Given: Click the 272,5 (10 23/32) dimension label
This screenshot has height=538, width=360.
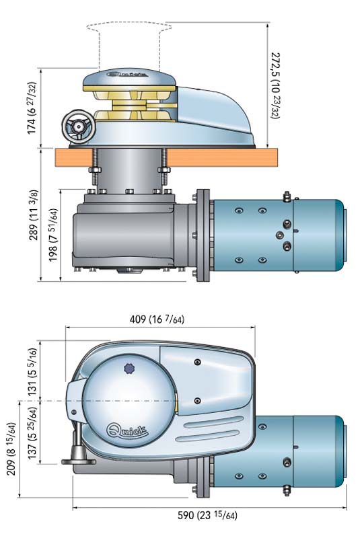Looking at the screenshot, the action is (276, 85).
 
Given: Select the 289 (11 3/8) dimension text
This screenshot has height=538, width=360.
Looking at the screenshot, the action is (33, 215).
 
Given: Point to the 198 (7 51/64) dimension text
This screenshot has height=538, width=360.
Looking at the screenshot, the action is (53, 235).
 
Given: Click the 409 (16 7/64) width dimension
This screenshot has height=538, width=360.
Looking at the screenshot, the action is (157, 319).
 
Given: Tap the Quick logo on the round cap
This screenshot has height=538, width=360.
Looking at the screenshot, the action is (127, 430).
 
